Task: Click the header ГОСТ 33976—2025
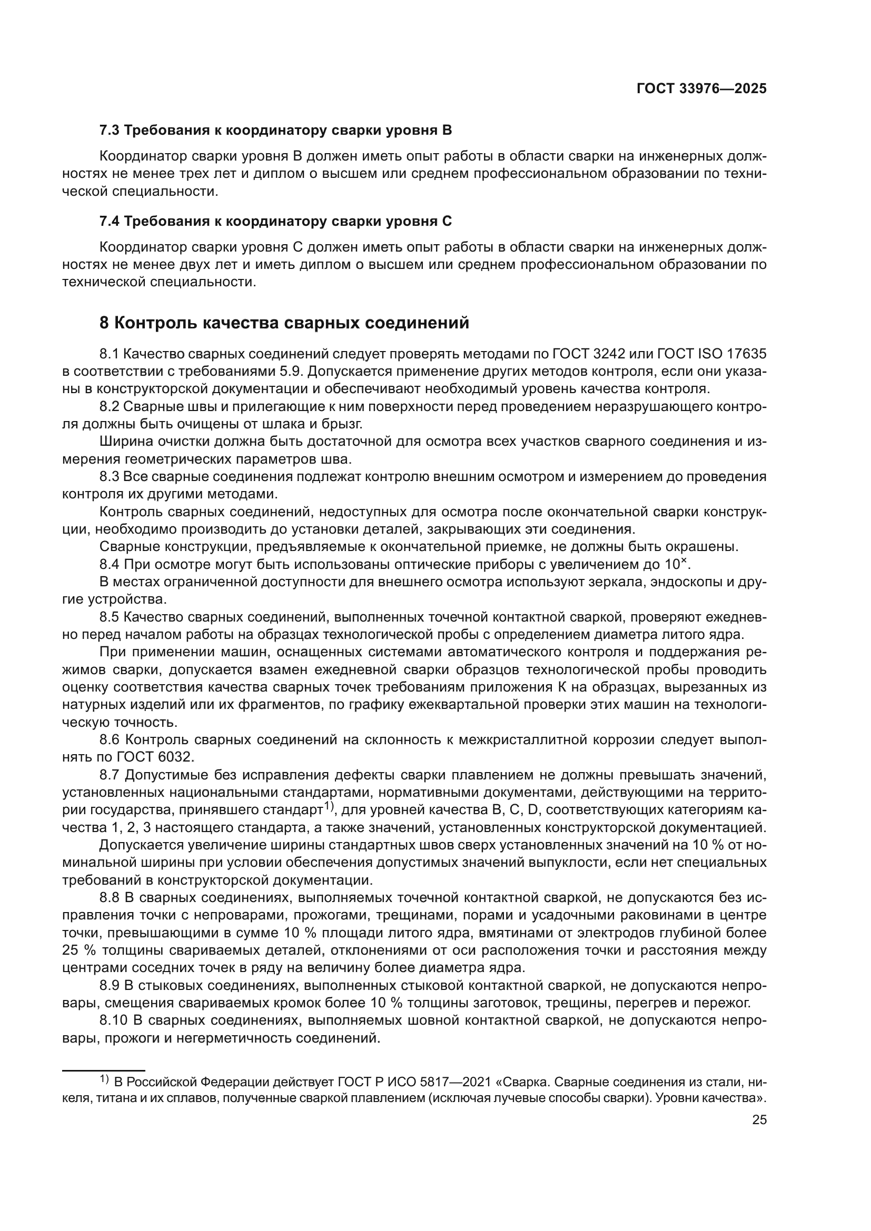[701, 88]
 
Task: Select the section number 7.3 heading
[111, 131]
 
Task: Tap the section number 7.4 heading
[111, 221]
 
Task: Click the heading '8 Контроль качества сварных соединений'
[284, 323]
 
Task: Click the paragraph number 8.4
[110, 564]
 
